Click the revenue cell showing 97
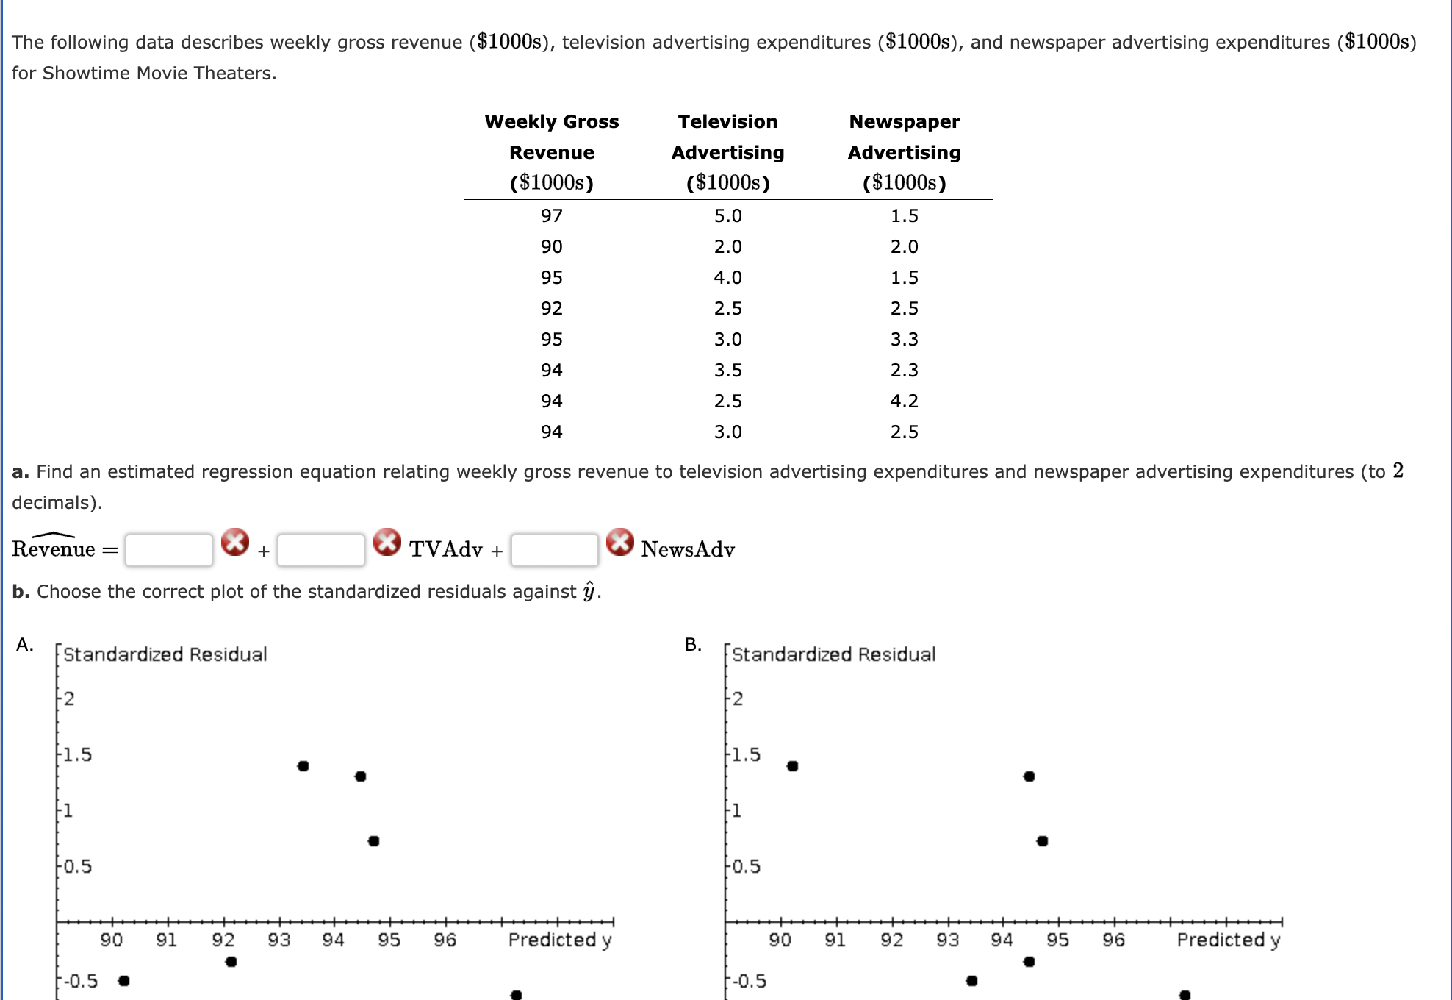point(551,215)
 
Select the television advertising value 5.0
point(727,215)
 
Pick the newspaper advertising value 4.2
point(904,401)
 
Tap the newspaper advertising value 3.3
point(904,339)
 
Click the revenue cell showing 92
point(551,308)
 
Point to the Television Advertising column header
point(727,151)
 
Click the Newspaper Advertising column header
point(904,151)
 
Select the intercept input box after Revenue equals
point(169,550)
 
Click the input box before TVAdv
point(321,550)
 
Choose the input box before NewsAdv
point(555,550)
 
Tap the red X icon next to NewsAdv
point(620,542)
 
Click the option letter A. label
point(25,645)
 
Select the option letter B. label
point(693,645)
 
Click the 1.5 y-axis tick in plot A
point(77,755)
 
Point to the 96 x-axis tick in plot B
point(1113,940)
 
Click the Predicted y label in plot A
point(560,940)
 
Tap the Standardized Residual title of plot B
point(833,654)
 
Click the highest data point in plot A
point(303,766)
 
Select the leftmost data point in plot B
point(792,766)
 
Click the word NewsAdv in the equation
point(688,549)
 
